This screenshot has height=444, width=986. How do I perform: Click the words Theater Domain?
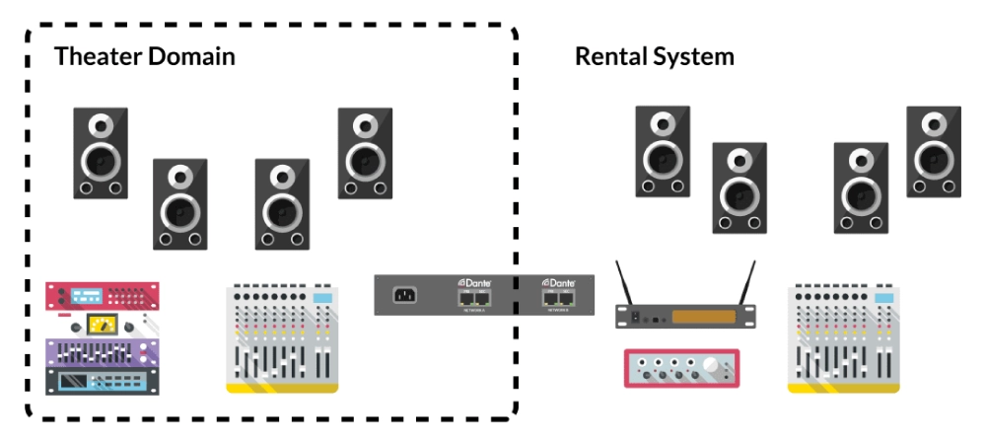144,56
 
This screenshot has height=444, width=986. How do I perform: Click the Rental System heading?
654,56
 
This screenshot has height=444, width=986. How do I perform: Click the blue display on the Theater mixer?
322,298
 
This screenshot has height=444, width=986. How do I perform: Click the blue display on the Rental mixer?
883,298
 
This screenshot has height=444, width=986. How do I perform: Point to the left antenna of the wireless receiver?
624,281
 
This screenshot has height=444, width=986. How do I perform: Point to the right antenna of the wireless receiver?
746,281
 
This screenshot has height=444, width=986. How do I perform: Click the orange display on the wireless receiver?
703,317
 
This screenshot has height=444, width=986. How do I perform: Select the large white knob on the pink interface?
709,367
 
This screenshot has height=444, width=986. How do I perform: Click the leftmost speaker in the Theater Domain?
101,153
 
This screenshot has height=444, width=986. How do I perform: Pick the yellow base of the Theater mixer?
282,388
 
